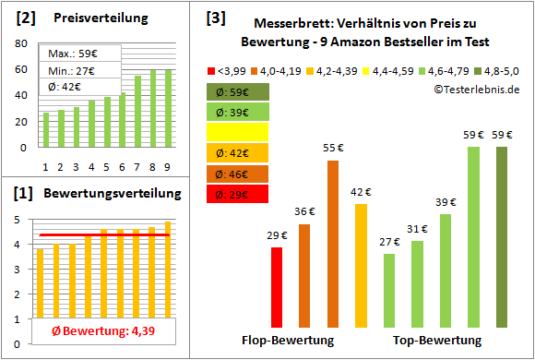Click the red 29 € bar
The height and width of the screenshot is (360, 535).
coord(277,287)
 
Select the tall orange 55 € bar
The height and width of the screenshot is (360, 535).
coord(333,244)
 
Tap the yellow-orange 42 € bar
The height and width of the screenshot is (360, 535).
coord(361,266)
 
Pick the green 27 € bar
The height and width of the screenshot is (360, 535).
coord(389,291)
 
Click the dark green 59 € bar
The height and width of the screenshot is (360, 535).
coord(502,237)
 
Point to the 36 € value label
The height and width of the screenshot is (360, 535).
coord(304,211)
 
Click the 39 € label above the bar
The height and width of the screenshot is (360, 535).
coord(446,201)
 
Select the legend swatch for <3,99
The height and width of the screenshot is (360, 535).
coord(211,70)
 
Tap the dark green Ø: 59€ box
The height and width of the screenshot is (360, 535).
coord(238,91)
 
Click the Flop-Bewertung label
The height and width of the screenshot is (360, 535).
coord(288,341)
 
